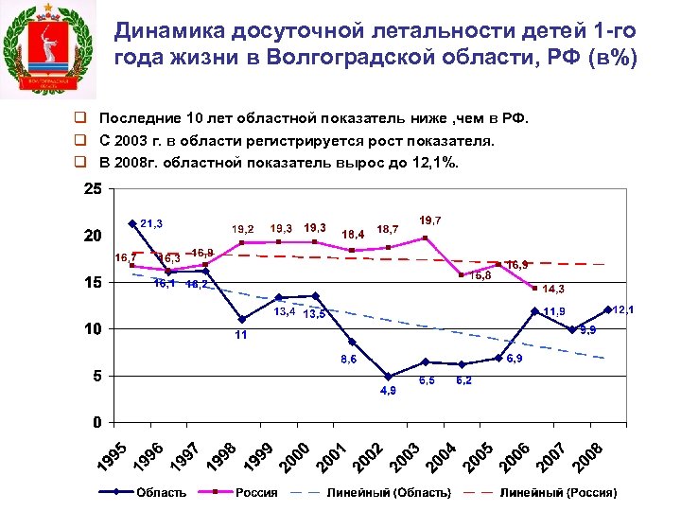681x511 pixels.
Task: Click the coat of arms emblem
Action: coord(48,48)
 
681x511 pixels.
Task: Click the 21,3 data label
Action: coord(151,223)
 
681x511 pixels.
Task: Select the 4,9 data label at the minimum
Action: coord(388,390)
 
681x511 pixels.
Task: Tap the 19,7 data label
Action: coord(430,220)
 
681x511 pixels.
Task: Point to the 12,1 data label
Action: coord(622,309)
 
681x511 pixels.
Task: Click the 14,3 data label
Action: coord(552,289)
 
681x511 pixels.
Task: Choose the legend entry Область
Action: coord(161,492)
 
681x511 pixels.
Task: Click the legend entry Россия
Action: coord(256,492)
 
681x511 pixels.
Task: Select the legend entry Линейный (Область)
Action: coord(388,492)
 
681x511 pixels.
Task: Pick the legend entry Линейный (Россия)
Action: coord(558,492)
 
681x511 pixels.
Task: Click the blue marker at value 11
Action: coord(242,319)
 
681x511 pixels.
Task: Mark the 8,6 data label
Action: coord(349,360)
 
